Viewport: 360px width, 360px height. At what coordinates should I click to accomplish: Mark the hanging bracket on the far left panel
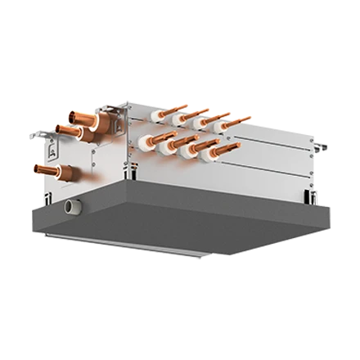pos(52,148)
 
